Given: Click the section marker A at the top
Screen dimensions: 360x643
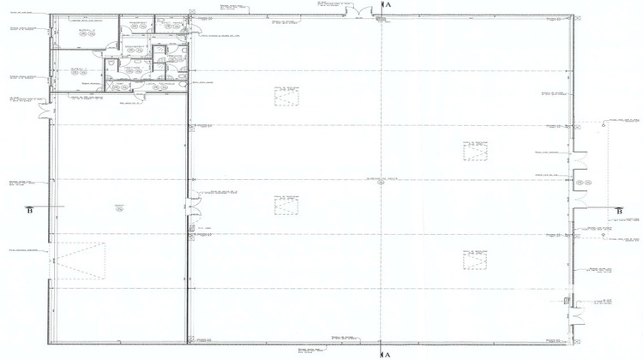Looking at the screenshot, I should coord(388,5).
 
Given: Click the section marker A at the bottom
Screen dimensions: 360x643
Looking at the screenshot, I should coord(388,354).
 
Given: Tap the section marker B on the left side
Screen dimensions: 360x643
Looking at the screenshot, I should coord(30,210).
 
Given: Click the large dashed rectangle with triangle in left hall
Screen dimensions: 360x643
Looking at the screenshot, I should coord(79,261).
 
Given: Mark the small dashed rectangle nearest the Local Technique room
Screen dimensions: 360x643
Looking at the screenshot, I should coord(286,95).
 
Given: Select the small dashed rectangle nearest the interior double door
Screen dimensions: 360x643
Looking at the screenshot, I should coord(286,205).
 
